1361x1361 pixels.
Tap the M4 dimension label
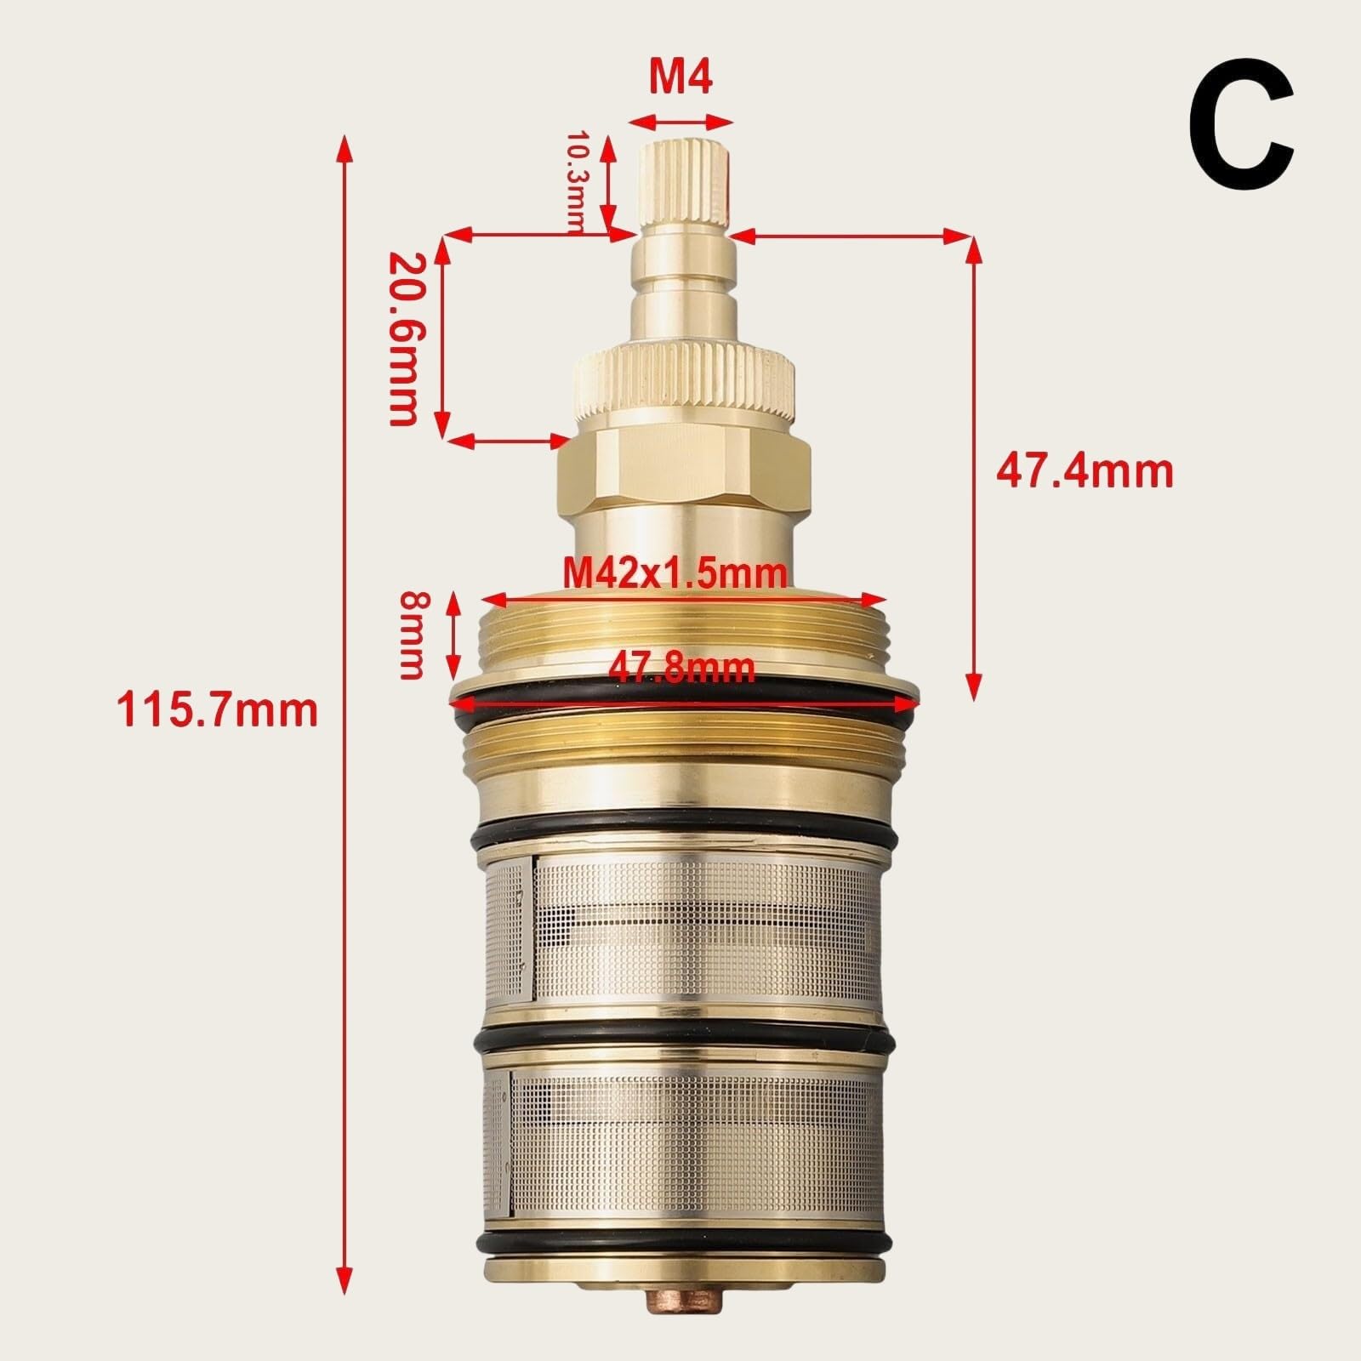pyautogui.click(x=680, y=77)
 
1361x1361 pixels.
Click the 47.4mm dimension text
pyautogui.click(x=1085, y=470)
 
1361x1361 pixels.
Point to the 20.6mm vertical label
pyautogui.click(x=403, y=338)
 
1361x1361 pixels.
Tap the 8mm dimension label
pyautogui.click(x=411, y=635)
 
